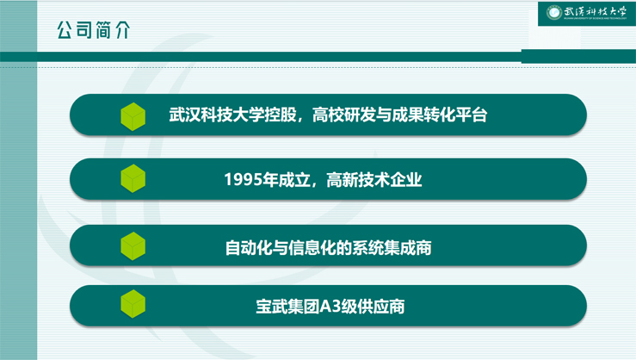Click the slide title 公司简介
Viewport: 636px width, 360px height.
pos(94,30)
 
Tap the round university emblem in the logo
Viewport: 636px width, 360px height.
pos(553,13)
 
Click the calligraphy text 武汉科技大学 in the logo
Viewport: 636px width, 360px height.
pos(595,12)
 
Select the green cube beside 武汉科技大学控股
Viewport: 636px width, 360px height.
pos(133,116)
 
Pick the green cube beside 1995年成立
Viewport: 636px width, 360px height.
pos(133,178)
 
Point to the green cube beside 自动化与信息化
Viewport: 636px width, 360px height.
pos(133,246)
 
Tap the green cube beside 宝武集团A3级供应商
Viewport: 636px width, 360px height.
pos(133,303)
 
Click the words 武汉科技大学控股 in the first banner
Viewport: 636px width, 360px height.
pos(233,115)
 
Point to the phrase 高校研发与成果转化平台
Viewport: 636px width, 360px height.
pos(399,115)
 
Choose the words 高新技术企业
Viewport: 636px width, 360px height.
pos(374,179)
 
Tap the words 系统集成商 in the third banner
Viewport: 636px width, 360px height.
pos(392,247)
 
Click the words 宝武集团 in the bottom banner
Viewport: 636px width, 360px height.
pos(288,307)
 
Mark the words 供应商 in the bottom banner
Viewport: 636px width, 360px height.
pos(381,307)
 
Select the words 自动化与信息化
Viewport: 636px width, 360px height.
pos(281,247)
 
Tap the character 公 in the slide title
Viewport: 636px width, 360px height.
pos(65,30)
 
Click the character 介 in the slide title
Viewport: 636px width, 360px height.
pos(122,30)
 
